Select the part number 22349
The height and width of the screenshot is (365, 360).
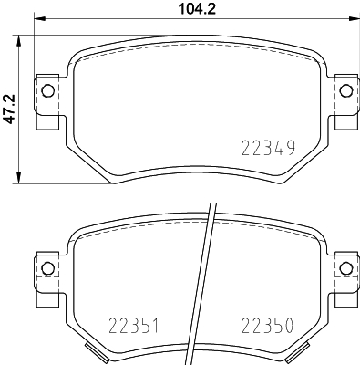pyautogui.click(x=269, y=147)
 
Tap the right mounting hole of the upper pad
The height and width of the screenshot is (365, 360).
pyautogui.click(x=345, y=89)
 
